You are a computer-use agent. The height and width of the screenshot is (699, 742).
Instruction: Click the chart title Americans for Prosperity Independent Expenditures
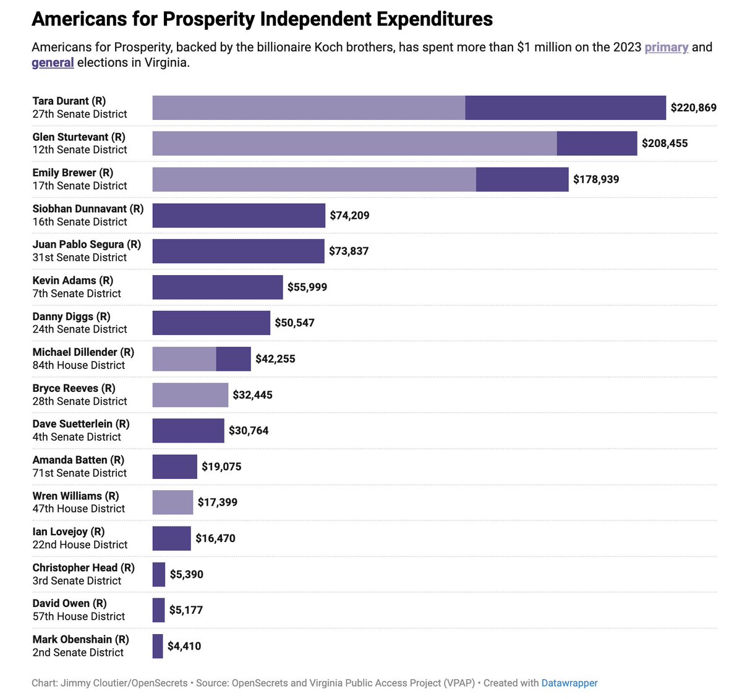[262, 19]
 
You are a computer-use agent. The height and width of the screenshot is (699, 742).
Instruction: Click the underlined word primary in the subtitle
[666, 47]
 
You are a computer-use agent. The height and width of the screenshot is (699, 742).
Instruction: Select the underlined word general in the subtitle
[53, 62]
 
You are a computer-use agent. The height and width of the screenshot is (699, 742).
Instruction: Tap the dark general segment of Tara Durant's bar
[565, 108]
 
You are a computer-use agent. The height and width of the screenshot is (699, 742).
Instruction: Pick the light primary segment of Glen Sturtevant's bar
[354, 143]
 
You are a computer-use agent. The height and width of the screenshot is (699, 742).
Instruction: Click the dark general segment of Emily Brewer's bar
[522, 179]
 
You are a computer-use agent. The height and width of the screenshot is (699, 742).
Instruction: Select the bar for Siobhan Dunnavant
[239, 215]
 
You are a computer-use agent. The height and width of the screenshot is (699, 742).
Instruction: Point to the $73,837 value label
[349, 251]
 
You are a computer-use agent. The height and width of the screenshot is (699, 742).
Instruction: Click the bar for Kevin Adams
[218, 287]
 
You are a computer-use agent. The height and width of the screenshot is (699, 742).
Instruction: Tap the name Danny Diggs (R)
[71, 316]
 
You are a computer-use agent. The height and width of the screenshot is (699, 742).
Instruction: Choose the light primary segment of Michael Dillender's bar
[184, 358]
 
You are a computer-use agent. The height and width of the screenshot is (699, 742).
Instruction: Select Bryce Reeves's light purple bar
[190, 395]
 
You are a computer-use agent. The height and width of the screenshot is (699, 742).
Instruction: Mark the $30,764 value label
[249, 431]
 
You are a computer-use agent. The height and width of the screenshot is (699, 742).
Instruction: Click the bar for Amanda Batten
[174, 467]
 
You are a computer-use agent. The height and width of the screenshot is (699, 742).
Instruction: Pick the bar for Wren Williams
[173, 502]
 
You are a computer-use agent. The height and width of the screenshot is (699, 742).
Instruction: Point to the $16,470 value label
[215, 538]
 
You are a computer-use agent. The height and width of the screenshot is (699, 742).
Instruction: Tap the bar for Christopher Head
[159, 574]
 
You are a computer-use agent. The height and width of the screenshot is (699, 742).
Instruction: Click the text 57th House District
[79, 617]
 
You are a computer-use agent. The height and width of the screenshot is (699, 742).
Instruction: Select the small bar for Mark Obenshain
[158, 646]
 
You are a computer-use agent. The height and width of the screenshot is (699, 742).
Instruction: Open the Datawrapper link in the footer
[569, 683]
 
